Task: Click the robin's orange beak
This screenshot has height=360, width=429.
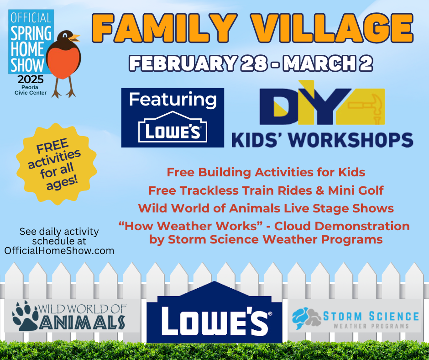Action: (x=74, y=37)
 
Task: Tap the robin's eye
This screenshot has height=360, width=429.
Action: (x=65, y=35)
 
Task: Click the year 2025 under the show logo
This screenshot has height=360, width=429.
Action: (x=31, y=79)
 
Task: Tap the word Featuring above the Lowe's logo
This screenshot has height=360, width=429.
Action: (x=173, y=100)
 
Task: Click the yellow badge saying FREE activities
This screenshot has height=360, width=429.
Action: (x=56, y=164)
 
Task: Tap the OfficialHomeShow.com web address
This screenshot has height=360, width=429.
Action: (x=59, y=251)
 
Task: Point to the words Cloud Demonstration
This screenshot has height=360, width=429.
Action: (x=342, y=226)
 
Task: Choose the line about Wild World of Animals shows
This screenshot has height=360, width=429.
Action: (x=266, y=208)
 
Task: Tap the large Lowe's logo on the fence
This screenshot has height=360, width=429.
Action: (x=214, y=312)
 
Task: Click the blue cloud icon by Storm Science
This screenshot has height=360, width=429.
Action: (x=300, y=318)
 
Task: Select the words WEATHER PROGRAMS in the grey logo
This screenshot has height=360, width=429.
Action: (x=371, y=326)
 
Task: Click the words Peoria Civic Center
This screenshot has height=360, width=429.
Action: (x=31, y=90)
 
